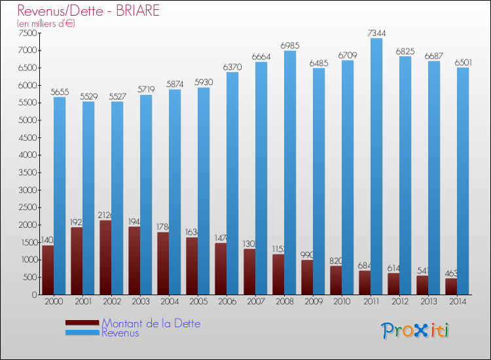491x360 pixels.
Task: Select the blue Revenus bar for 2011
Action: coord(376,166)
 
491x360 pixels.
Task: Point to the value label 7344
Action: coord(376,33)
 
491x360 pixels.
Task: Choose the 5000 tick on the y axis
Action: coord(28,120)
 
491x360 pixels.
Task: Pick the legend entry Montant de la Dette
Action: coord(151,323)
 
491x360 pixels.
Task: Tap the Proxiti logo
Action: coord(416,331)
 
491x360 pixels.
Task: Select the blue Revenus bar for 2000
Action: coord(60,196)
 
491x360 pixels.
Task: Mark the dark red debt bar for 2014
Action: coord(451,287)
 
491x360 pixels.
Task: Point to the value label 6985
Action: coord(289,45)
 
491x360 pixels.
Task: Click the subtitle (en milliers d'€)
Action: coord(46,24)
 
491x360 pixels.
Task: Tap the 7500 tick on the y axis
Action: coord(28,33)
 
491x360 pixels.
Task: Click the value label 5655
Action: coord(60,92)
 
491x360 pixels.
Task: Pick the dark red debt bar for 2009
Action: coord(307,278)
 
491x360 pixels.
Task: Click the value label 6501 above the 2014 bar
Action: coord(462,62)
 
